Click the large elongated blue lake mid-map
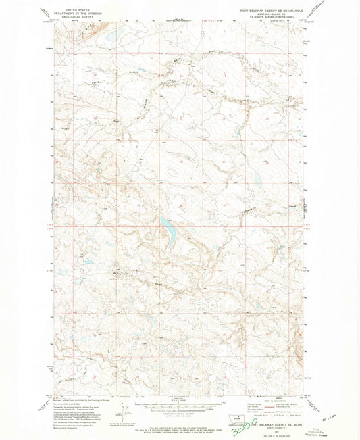click(167, 232)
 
